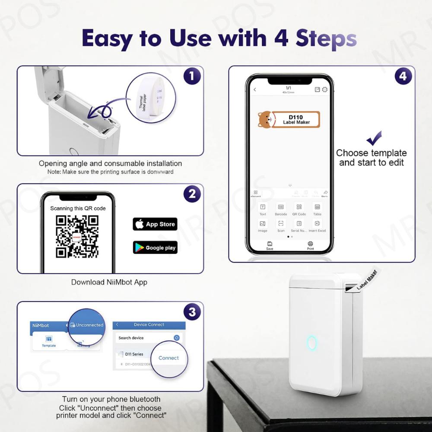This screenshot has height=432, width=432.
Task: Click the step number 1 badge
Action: pyautogui.click(x=192, y=76)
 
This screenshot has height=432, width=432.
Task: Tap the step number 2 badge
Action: pyautogui.click(x=192, y=194)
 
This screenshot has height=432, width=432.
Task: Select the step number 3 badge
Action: pyautogui.click(x=192, y=312)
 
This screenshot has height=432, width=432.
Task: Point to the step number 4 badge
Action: pyautogui.click(x=403, y=76)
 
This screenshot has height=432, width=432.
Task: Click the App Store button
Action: pyautogui.click(x=155, y=224)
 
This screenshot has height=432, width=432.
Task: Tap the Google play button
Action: pyautogui.click(x=155, y=248)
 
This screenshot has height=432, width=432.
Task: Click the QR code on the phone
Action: pyautogui.click(x=77, y=236)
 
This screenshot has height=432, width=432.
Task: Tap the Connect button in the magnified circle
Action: pyautogui.click(x=168, y=358)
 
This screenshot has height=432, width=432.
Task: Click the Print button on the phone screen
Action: pyautogui.click(x=310, y=245)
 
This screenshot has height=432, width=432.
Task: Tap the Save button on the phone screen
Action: pyautogui.click(x=270, y=245)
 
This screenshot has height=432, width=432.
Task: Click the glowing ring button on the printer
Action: pyautogui.click(x=312, y=343)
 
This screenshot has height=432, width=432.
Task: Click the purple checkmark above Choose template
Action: pyautogui.click(x=374, y=139)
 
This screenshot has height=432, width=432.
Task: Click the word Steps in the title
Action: pyautogui.click(x=326, y=38)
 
